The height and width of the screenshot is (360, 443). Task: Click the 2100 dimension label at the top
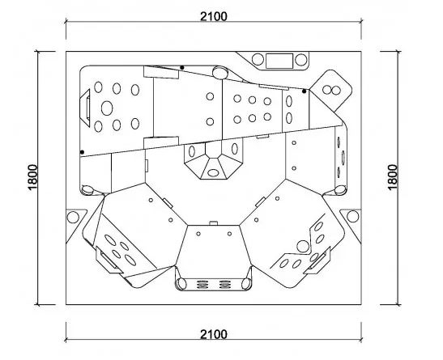click(214, 16)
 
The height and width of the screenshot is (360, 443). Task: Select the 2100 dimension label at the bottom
click(214, 334)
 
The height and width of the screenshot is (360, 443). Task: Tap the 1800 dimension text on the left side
click(32, 177)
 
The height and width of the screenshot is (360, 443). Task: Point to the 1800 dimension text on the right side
click(393, 177)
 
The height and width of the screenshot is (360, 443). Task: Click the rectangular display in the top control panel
click(279, 61)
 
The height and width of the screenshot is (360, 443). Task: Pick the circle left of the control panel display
click(258, 60)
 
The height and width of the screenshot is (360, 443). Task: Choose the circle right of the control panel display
click(301, 60)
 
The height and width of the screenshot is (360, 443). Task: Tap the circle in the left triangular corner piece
click(73, 218)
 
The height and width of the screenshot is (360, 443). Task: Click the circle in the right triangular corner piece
click(352, 216)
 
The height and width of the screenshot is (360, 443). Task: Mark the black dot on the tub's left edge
click(82, 152)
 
